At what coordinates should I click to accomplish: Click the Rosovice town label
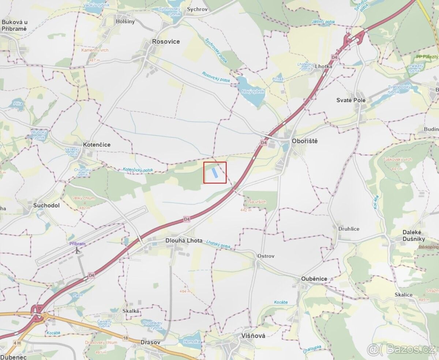[x=166, y=42]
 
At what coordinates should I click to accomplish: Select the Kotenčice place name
[x=97, y=145]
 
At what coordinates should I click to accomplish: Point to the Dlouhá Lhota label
[x=184, y=240]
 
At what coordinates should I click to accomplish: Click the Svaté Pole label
[x=351, y=100]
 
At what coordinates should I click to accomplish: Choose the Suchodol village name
[x=46, y=205]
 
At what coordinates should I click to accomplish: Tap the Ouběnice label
[x=314, y=279]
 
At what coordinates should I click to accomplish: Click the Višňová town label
[x=253, y=336]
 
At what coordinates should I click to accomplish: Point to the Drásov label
[x=150, y=342]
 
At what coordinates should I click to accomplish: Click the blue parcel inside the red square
[x=215, y=172]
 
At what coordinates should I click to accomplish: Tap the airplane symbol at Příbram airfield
[x=77, y=250]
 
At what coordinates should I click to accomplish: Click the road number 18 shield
[x=125, y=338]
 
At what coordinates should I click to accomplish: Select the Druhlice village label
[x=349, y=229]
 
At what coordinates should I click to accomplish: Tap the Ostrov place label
[x=266, y=256]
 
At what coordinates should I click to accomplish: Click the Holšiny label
[x=125, y=22]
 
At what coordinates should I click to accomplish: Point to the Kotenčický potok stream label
[x=138, y=170]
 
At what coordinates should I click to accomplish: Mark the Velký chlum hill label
[x=83, y=198]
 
